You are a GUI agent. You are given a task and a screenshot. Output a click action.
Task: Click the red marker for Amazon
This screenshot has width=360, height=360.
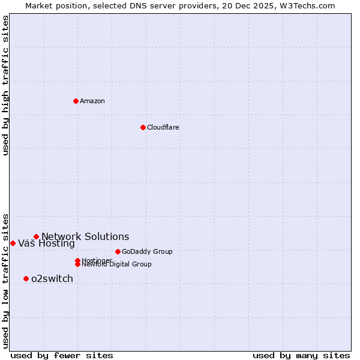76,101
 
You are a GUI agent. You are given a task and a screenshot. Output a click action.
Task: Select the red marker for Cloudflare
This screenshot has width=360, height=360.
143,127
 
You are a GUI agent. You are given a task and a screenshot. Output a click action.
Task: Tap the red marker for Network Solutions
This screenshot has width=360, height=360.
36,236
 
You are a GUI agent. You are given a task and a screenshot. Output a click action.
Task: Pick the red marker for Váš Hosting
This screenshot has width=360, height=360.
13,243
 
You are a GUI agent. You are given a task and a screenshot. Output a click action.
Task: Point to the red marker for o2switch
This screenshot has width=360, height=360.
26,278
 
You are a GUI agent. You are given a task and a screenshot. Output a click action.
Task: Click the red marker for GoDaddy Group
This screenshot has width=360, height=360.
118,251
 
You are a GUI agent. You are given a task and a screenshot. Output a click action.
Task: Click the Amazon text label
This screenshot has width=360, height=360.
92,101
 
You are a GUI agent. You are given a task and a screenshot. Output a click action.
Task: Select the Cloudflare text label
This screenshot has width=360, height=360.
163,127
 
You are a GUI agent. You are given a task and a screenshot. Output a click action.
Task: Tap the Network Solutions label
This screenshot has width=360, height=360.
85,236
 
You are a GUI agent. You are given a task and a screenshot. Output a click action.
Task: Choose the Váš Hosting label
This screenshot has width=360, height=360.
46,243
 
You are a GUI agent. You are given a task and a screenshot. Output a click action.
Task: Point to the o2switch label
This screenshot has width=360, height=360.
52,278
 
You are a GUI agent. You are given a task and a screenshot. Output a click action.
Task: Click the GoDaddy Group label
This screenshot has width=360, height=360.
147,251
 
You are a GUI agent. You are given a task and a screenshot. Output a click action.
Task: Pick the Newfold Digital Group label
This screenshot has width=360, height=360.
116,264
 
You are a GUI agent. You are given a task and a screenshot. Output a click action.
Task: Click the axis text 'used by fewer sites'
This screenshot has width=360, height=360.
62,355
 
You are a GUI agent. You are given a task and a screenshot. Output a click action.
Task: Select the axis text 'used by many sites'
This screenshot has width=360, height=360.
301,355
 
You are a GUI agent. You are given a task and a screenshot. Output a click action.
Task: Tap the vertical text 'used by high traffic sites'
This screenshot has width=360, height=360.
5,85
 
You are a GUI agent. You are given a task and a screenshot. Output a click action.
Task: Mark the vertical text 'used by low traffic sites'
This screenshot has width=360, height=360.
5,280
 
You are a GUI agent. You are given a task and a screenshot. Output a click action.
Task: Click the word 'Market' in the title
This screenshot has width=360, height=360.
39,5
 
